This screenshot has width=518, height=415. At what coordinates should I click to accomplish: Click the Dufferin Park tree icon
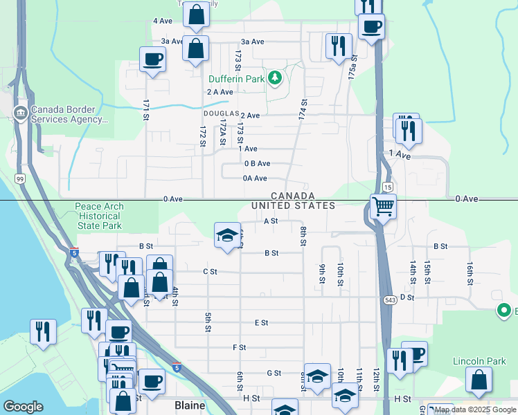point(276,78)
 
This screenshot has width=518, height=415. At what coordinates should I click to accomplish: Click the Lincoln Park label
point(475,361)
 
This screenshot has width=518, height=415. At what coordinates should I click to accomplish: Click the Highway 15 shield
point(388,187)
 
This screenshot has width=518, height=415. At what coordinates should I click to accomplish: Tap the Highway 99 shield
point(21,179)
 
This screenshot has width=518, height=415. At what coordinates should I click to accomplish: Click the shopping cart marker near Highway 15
point(383,205)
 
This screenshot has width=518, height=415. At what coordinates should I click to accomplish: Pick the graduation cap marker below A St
point(226,235)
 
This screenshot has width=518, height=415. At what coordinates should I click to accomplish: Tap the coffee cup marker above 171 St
point(152,59)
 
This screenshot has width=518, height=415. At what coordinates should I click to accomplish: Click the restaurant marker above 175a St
point(339,46)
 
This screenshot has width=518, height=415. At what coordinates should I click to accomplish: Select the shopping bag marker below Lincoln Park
point(479,380)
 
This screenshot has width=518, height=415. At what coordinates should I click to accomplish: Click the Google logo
point(23,406)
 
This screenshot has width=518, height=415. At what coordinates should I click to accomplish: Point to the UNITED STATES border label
point(293,206)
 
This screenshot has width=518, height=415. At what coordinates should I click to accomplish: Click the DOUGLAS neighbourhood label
point(221,113)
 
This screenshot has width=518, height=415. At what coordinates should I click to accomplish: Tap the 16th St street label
point(469,273)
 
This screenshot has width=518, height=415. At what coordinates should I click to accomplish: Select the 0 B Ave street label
point(257,164)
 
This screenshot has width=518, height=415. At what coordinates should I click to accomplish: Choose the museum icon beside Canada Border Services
point(20,112)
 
